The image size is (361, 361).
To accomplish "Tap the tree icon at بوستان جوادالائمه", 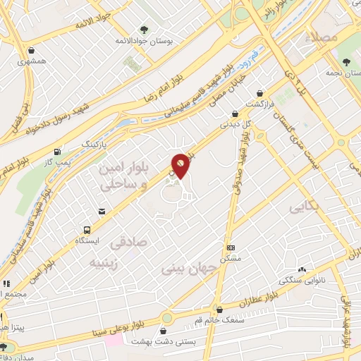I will click(144, 30).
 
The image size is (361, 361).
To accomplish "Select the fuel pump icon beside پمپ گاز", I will click(57, 152).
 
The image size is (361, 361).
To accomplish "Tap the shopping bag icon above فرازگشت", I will click(261, 93).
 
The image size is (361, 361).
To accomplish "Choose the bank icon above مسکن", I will click(231, 248).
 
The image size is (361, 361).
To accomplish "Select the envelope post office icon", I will click(103, 212).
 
